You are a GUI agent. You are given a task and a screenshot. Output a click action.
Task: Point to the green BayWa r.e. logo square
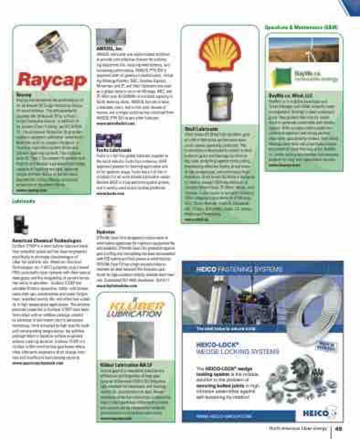[279, 75]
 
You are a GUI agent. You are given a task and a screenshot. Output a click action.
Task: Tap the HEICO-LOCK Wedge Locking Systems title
[237, 348]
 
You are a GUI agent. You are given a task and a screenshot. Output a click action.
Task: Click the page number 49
[339, 428]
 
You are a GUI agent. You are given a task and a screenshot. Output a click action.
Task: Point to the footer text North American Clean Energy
[298, 428]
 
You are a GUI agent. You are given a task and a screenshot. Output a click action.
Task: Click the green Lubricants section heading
[21, 201]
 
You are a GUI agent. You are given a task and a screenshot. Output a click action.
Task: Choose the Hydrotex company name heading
[105, 232]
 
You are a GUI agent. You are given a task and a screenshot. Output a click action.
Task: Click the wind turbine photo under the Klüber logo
[136, 340]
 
